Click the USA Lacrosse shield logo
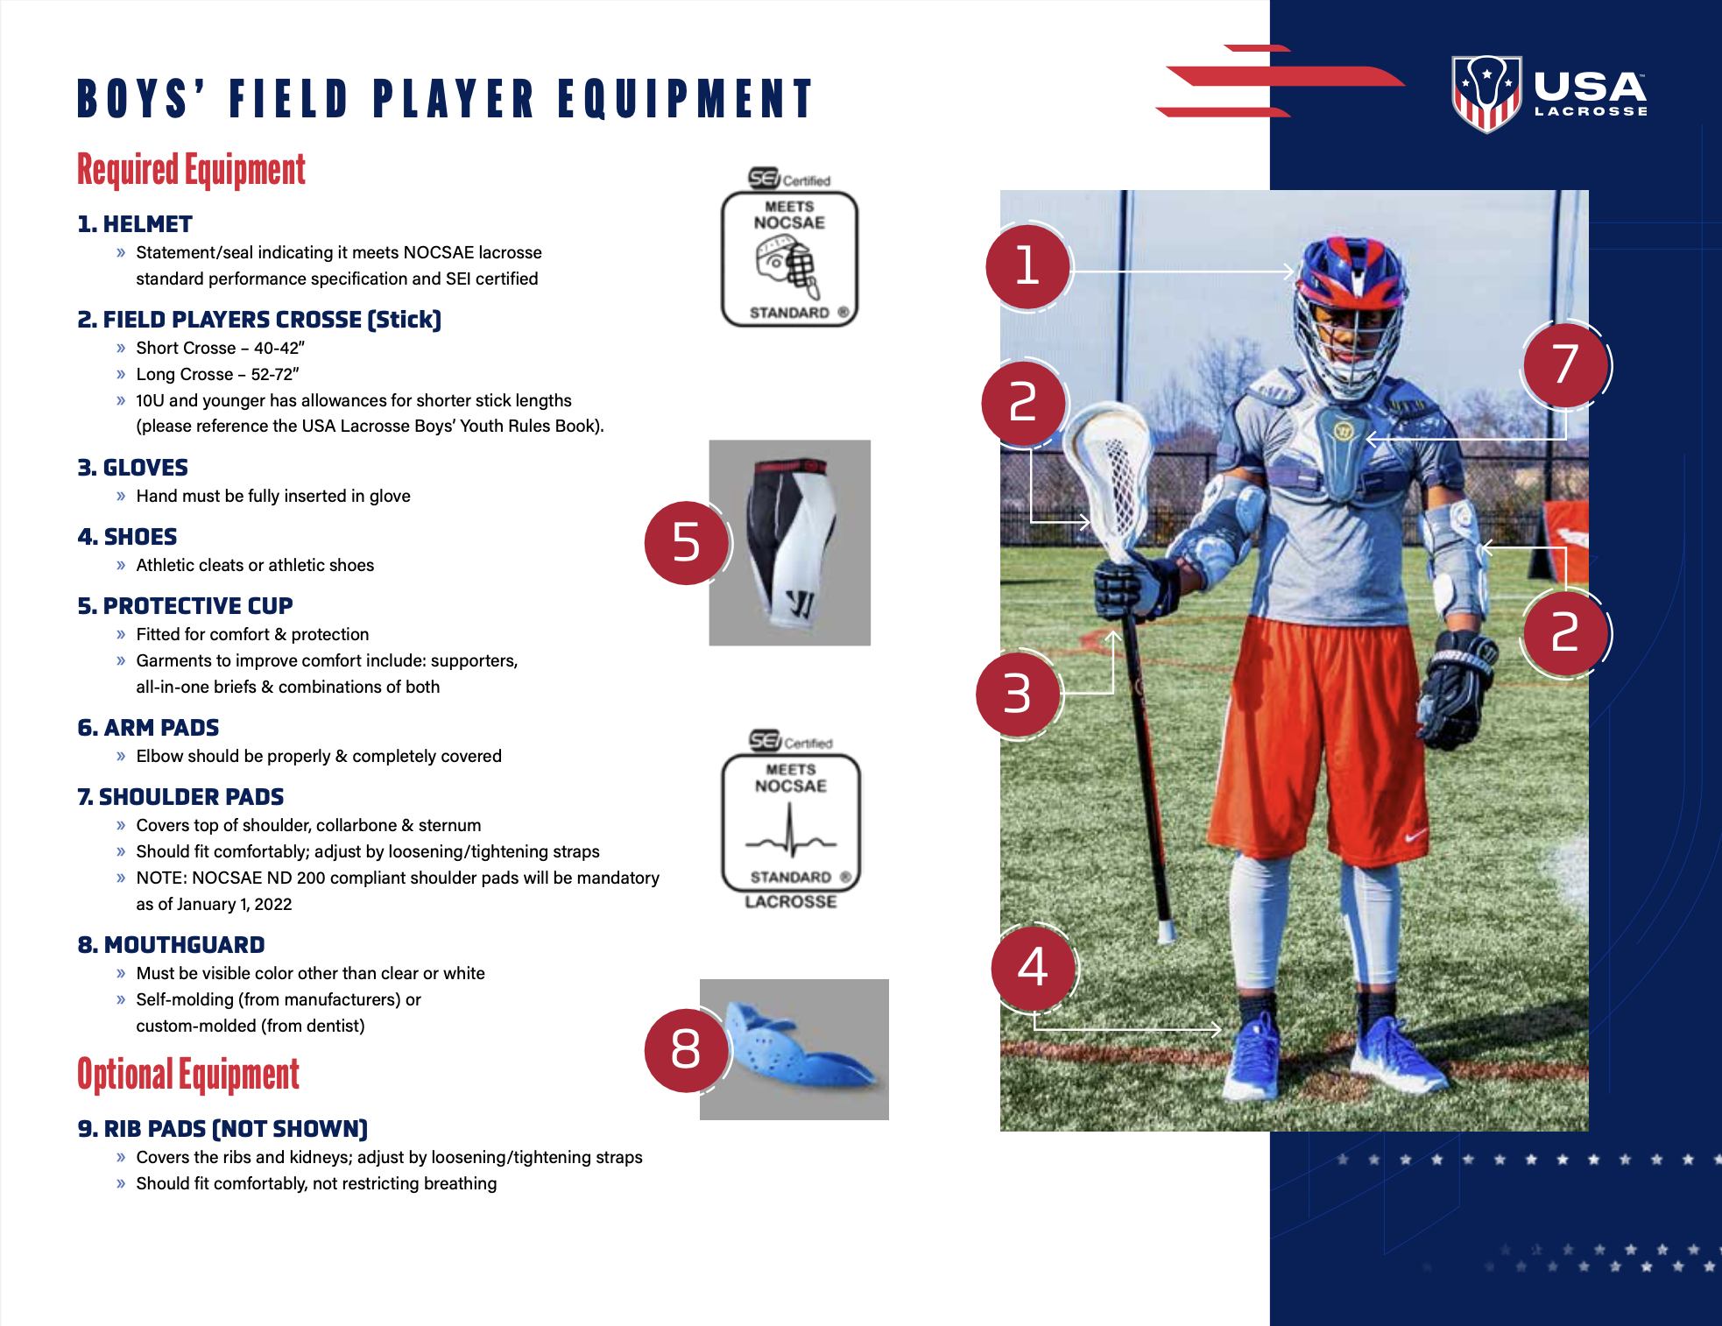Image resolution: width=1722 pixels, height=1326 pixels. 1486,94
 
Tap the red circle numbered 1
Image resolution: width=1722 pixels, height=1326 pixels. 1027,266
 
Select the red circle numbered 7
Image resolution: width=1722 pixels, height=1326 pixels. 1565,364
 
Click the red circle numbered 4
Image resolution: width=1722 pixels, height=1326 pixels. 1034,968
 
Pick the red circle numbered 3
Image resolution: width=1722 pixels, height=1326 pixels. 1018,694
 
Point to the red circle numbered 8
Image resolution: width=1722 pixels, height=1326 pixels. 686,1049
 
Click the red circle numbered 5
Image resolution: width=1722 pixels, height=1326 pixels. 686,543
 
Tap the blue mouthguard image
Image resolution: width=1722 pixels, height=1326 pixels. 795,1049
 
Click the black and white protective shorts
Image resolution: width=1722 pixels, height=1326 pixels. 791,543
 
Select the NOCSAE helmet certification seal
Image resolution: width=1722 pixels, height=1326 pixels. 789,248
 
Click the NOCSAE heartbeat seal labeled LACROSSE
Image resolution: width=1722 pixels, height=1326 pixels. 791,820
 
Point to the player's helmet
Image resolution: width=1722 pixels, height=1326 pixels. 1350,311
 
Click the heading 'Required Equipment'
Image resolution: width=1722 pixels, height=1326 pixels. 191,170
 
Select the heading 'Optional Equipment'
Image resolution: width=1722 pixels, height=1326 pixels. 188,1075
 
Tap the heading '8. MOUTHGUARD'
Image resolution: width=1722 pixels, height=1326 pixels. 171,945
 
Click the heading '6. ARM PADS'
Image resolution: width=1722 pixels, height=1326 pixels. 148,728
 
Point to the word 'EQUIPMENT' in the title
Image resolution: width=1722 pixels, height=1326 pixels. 686,98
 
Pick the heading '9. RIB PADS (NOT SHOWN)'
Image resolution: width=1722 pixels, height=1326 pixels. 222,1129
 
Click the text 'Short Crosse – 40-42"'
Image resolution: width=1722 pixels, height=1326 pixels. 221,348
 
